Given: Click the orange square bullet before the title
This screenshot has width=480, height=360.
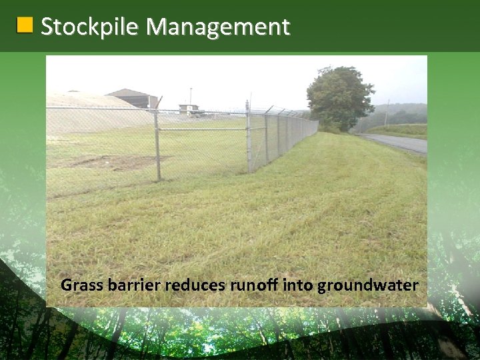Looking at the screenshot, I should (x=25, y=26).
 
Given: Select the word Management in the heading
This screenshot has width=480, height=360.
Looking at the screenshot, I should (x=218, y=27).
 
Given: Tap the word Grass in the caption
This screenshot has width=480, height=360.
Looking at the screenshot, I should (x=79, y=286).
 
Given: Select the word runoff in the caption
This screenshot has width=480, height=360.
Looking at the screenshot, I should (x=254, y=286).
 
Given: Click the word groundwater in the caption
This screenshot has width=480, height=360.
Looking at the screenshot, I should (x=367, y=286).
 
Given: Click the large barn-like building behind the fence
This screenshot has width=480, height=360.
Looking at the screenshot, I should (x=134, y=98).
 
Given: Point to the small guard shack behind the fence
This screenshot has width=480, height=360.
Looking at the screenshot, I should (x=189, y=109).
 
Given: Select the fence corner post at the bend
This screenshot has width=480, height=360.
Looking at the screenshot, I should (x=247, y=137).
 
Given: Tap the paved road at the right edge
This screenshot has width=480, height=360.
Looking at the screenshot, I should (x=400, y=143).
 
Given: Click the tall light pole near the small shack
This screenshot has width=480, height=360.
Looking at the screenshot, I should (x=191, y=97).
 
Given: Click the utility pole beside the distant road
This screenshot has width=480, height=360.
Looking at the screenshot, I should (x=387, y=113).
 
